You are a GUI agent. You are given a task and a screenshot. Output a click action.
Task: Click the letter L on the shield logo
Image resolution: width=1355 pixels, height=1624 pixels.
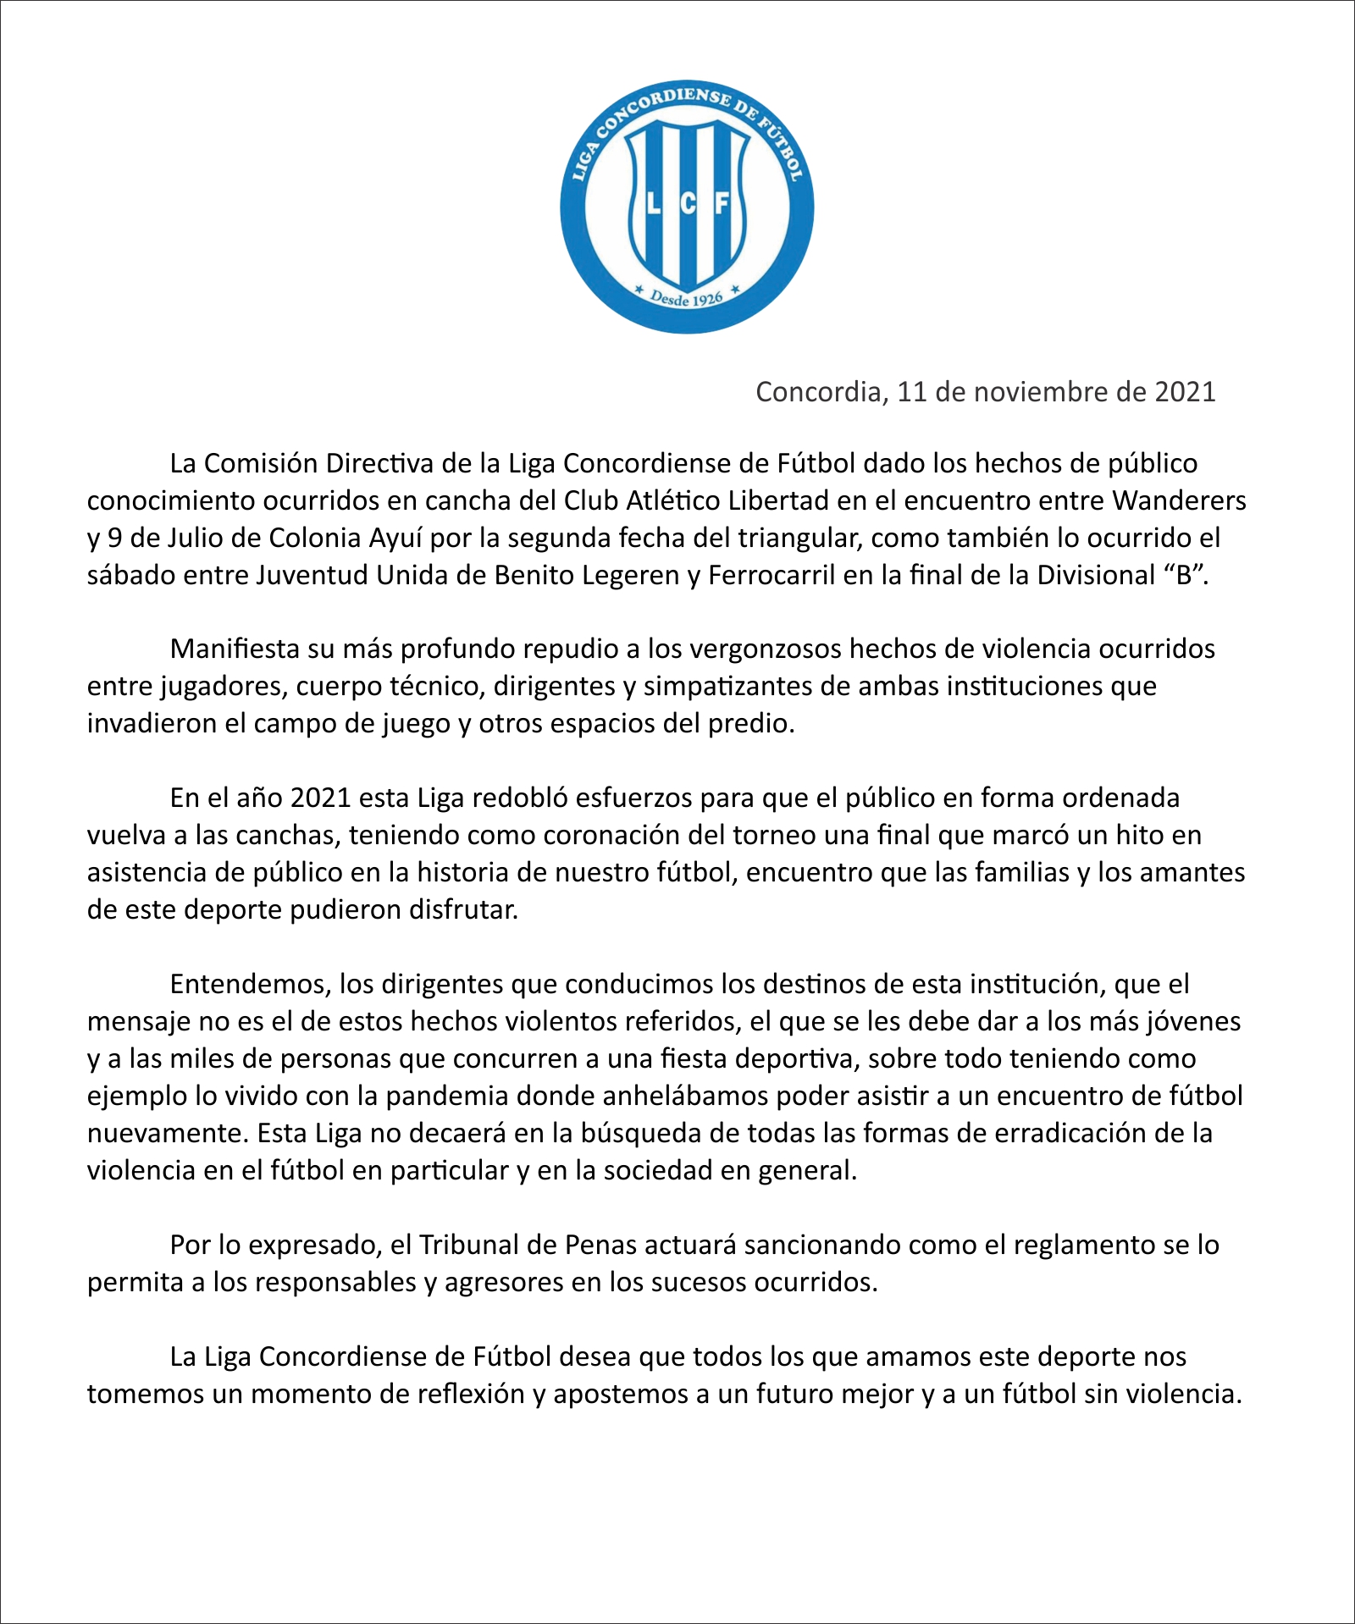[653, 204]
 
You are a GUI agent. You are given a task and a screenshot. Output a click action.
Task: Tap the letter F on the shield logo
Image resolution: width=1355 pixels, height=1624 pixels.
[722, 204]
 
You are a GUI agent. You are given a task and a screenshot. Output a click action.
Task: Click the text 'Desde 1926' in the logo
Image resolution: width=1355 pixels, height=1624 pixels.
[686, 298]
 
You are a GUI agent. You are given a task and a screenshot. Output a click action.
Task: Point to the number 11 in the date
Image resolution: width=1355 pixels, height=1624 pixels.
[911, 391]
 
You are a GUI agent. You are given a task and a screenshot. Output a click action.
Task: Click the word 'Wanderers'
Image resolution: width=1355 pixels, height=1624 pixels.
[1179, 500]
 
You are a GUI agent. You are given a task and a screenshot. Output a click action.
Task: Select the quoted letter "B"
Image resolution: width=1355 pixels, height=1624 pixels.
[1184, 575]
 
